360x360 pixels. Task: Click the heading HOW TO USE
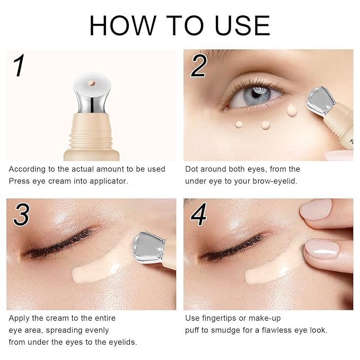(x=180, y=25)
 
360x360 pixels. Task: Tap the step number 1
(x=19, y=66)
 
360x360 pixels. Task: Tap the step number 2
(x=198, y=66)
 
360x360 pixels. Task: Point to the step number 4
(x=200, y=215)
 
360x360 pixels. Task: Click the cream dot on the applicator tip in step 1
(x=92, y=84)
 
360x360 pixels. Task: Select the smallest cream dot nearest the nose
(x=240, y=124)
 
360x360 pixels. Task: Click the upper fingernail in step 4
(x=317, y=208)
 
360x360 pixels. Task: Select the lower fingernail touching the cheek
(x=320, y=249)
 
